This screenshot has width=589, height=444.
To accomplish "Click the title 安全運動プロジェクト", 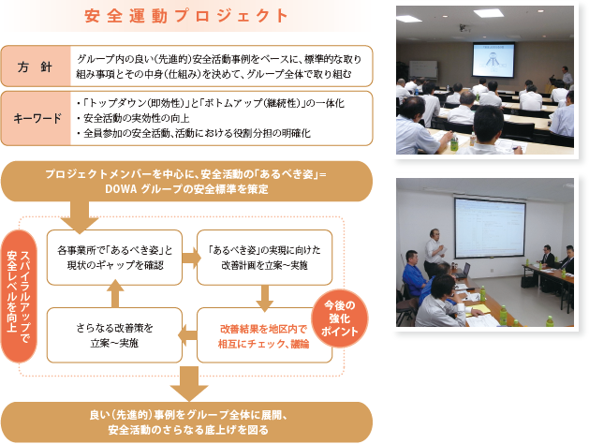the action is tap(186, 16).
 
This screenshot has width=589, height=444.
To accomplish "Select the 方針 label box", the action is tap(36, 67).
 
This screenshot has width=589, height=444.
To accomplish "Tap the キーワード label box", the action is tap(36, 118).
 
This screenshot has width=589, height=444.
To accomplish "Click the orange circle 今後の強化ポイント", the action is tap(340, 318).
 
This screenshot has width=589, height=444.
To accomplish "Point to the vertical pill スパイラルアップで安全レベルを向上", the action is tap(19, 296).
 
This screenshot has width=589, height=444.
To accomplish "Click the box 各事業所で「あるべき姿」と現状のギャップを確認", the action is tap(114, 258).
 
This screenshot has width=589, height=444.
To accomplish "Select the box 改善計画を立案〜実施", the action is tap(264, 258).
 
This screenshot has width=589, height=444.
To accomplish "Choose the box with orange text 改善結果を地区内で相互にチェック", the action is tap(264, 335).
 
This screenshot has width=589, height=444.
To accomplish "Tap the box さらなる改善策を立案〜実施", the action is tap(114, 335).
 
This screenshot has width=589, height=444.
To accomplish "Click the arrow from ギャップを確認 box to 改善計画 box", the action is tap(192, 258).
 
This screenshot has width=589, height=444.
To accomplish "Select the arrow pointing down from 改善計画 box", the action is tap(265, 298).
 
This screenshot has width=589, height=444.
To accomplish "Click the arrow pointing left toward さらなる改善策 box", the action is tap(187, 335).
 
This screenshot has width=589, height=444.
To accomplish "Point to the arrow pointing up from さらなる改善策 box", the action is tap(115, 294).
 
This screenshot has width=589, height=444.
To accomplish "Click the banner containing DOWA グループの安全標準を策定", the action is tap(186, 182).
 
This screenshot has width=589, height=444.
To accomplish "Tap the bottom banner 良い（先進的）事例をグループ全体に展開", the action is tap(186, 422).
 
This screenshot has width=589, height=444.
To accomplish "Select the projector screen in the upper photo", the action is tap(493, 60).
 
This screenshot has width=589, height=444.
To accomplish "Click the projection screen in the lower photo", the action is tap(490, 228).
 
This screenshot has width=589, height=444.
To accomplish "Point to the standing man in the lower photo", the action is tap(434, 252).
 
